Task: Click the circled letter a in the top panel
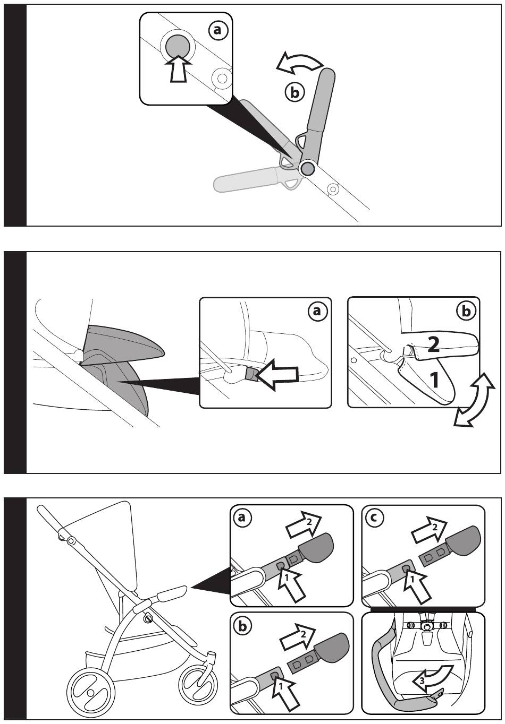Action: pos(217,30)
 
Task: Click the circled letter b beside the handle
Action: pos(293,92)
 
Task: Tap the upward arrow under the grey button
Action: pos(178,68)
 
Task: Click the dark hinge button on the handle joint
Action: pos(307,169)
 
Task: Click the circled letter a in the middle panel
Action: pos(317,311)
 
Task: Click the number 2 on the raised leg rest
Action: pos(433,346)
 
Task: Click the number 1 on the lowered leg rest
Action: pos(434,380)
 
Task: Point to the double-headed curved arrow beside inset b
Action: pos(473,399)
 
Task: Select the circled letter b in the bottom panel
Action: pos(242,626)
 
